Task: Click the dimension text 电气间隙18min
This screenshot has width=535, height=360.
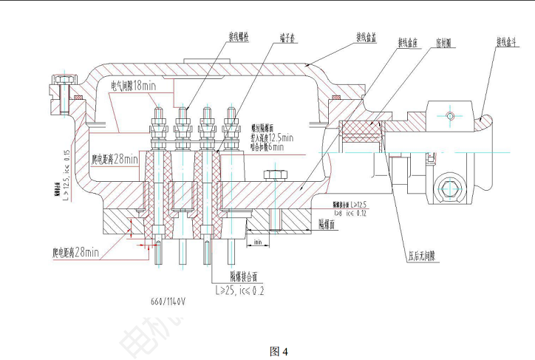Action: coord(133,86)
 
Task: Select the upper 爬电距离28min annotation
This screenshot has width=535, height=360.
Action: coord(115,158)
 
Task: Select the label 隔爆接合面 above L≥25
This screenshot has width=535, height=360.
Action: coord(243,277)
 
